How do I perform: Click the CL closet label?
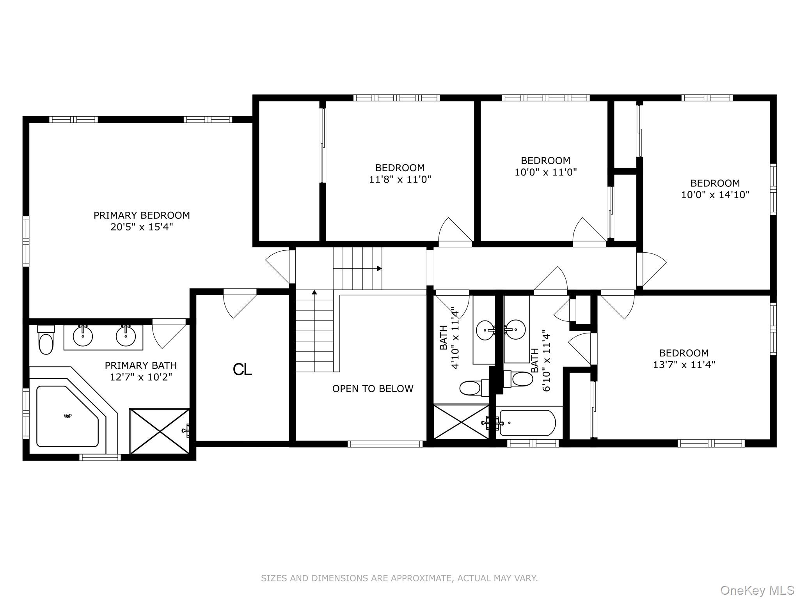pos(242,369)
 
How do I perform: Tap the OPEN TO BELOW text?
pos(373,388)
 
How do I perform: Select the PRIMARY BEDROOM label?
pos(142,215)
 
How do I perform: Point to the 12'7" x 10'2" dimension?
pos(141,377)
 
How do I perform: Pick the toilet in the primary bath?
pos(46,340)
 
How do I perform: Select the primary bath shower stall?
pos(160,431)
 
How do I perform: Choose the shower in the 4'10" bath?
pos(462,422)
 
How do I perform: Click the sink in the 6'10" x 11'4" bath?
pos(515,330)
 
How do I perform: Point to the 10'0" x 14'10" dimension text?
pos(715,195)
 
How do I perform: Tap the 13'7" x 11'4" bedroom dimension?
pos(684,365)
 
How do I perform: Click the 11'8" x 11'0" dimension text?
pos(400,179)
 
